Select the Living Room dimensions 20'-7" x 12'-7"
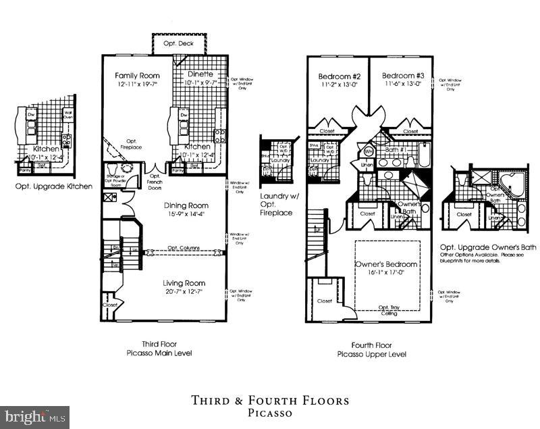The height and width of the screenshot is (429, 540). (x=184, y=291)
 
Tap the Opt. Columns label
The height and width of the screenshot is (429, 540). (x=183, y=249)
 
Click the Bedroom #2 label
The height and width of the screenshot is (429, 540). (x=336, y=76)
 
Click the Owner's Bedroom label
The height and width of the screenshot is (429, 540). (x=385, y=264)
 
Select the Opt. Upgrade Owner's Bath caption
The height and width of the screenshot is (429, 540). (x=487, y=247)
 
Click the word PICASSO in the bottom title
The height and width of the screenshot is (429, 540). (x=269, y=413)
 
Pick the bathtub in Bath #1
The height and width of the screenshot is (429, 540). (x=423, y=155)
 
